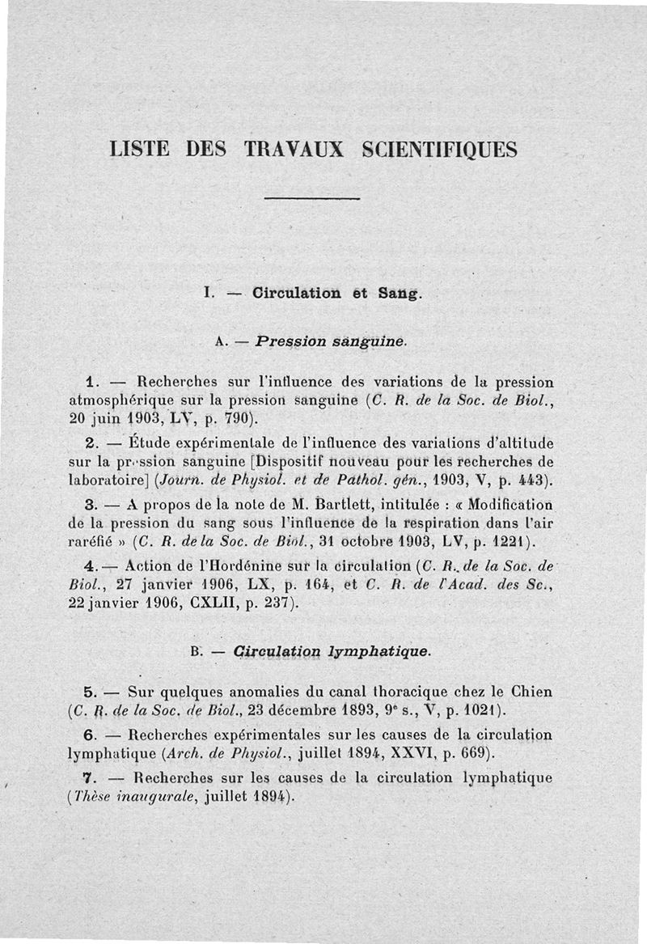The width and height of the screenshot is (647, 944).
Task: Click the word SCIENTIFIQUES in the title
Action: pyautogui.click(x=438, y=150)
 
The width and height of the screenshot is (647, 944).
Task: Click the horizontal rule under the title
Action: pyautogui.click(x=311, y=198)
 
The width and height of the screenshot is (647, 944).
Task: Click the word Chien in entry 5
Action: pyautogui.click(x=532, y=692)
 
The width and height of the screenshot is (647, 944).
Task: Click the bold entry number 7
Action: pyautogui.click(x=91, y=777)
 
